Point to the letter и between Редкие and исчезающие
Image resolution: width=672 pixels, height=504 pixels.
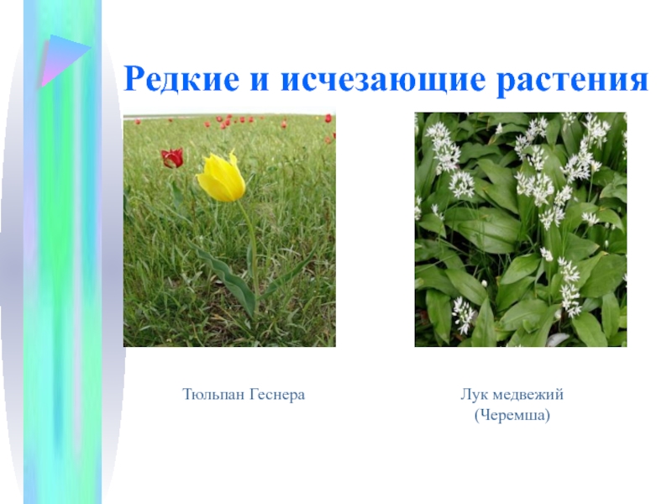[260, 81]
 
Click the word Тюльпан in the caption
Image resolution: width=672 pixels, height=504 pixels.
[213, 394]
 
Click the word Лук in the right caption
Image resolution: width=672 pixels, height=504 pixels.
[473, 394]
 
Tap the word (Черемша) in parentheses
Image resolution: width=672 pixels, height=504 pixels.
[512, 415]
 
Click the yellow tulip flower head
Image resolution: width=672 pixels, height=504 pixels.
[222, 177]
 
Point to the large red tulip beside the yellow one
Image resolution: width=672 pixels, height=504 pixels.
[172, 158]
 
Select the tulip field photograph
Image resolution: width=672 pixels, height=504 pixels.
[229, 229]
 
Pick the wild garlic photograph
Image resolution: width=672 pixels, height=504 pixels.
[521, 229]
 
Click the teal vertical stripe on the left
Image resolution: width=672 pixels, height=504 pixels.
[62, 252]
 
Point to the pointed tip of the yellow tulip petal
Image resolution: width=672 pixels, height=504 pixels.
[234, 151]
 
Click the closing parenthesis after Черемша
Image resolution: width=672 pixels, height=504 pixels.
[548, 416]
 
